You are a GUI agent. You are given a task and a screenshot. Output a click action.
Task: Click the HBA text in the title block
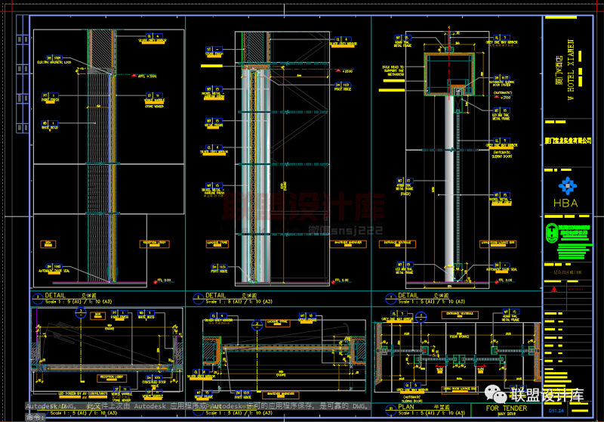[565, 203]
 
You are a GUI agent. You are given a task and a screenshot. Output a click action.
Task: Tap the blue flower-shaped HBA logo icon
[565, 185]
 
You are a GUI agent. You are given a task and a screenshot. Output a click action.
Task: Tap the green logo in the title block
[566, 231]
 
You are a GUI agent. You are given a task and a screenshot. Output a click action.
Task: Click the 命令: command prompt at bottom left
[35, 416]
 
